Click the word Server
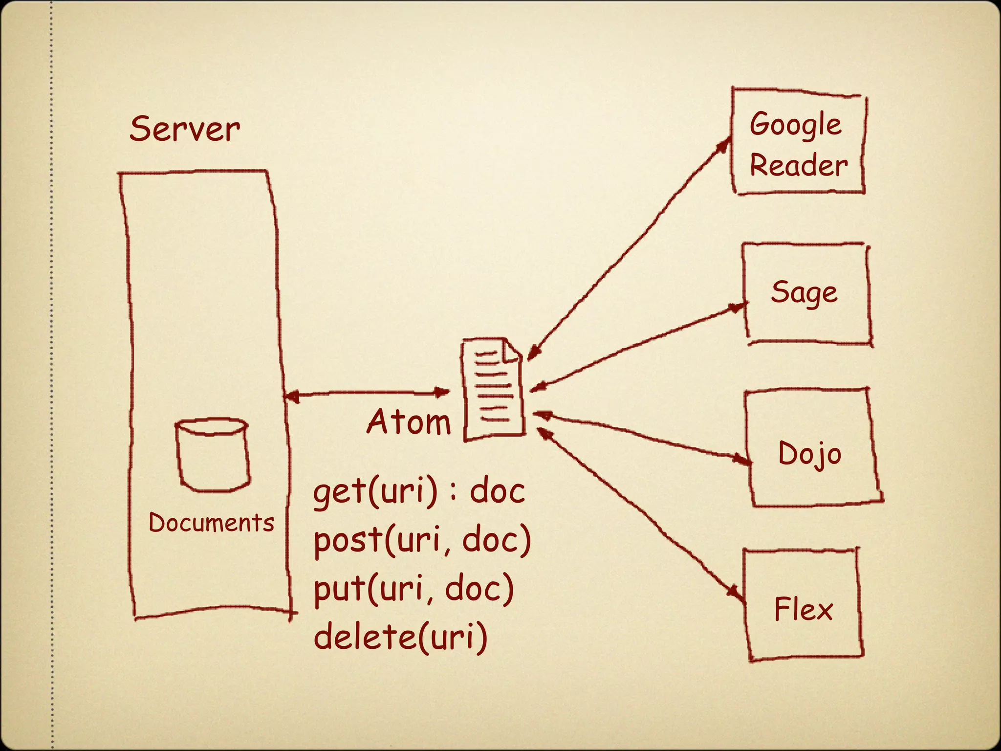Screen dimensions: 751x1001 coord(185,129)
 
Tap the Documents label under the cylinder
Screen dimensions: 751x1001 coord(211,523)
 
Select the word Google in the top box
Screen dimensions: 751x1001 coord(795,124)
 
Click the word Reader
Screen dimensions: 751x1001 coord(798,166)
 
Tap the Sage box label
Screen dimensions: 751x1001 coord(804,293)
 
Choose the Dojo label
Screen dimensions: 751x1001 coord(809,454)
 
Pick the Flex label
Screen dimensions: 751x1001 coord(803,610)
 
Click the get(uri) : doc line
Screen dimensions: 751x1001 coord(419,491)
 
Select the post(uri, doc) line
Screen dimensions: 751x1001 coord(422,540)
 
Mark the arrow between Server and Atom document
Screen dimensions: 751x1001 coord(367,393)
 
